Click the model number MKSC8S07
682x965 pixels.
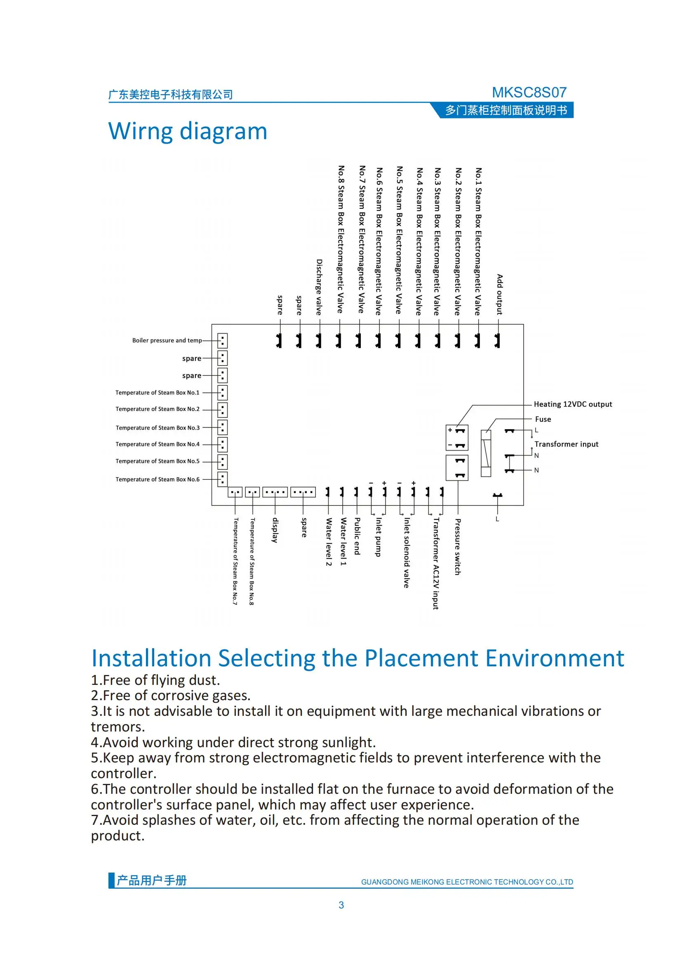(529, 92)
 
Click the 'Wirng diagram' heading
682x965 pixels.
(187, 131)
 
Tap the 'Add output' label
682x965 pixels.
(499, 294)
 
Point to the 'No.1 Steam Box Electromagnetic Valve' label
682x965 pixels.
(478, 241)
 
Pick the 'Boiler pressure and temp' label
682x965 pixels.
(167, 340)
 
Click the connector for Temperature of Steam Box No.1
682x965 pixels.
(222, 392)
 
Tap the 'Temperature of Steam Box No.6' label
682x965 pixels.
(158, 479)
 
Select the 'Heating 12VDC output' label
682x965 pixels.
(572, 404)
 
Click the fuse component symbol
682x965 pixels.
(485, 453)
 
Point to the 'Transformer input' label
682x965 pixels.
(566, 444)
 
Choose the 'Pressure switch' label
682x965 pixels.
(458, 546)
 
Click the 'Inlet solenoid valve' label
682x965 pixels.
(406, 552)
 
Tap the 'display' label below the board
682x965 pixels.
(275, 530)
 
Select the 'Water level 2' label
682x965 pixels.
(329, 542)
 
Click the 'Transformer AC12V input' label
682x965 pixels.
(436, 563)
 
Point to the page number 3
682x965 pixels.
(341, 905)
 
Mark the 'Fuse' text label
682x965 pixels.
(543, 419)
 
